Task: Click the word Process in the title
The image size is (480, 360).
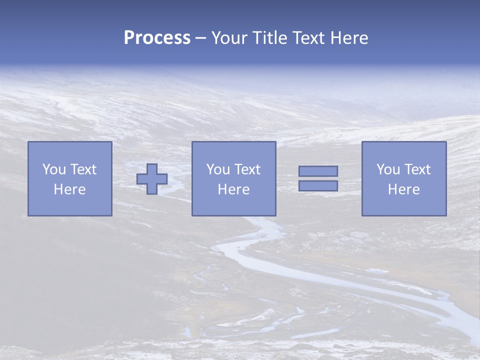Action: (x=157, y=38)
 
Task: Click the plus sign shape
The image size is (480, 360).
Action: (x=152, y=179)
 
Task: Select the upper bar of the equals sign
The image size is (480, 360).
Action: (x=318, y=171)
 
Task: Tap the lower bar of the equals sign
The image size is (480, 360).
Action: (x=318, y=186)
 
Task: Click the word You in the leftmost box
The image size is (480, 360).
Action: (x=54, y=169)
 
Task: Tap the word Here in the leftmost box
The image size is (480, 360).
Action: (x=70, y=189)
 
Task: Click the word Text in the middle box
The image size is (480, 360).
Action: (x=247, y=169)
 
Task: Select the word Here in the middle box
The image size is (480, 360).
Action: (x=234, y=189)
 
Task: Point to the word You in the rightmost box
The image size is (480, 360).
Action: (x=388, y=169)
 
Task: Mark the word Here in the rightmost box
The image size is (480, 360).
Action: (x=404, y=189)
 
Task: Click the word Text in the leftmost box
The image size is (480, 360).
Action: (x=83, y=169)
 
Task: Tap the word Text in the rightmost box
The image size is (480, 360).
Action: (x=417, y=169)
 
